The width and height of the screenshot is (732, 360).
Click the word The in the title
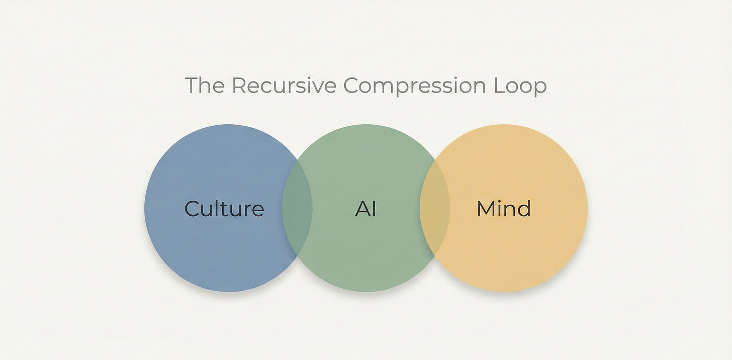coord(204,85)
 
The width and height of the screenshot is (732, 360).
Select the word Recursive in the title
coord(284,85)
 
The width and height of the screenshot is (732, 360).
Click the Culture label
coord(224,208)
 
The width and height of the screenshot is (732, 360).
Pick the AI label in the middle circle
coord(365,208)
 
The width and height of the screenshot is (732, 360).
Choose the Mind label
coord(503,208)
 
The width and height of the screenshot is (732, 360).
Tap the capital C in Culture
coord(193,209)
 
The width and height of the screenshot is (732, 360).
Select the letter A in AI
coord(362,209)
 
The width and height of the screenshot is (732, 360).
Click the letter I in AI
coord(374,209)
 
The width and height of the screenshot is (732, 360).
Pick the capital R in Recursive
coord(239,85)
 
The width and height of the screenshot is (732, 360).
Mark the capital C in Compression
coord(351,85)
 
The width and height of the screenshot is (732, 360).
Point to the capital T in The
coord(192,85)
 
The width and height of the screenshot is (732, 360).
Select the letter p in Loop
coord(539,88)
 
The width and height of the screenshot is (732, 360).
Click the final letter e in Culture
coord(257,210)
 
